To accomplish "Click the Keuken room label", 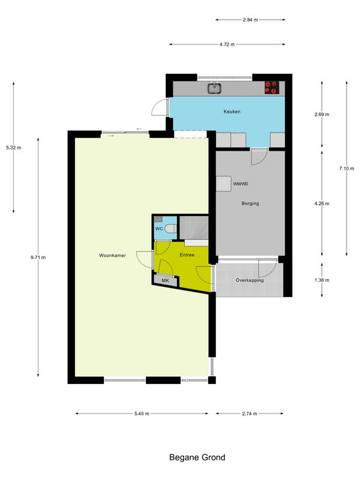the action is tap(232, 112).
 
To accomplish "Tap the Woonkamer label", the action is tap(112, 256).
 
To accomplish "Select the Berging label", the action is tap(250, 203).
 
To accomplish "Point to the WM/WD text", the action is tap(241, 184).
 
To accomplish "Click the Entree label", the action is tap(187, 254).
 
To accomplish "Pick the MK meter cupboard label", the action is tap(166, 280).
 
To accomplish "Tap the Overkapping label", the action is tap(250, 280).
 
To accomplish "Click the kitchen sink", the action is tap(215, 88).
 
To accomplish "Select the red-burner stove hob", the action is tap(272, 88).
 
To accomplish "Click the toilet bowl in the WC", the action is tap(171, 229).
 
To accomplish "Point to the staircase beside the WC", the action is tap(193, 227).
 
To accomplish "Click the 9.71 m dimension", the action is tap(38, 257).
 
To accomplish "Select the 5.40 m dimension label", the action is tap(142, 413).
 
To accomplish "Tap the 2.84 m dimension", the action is tap(250, 20).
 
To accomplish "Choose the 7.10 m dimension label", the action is tap(347, 169).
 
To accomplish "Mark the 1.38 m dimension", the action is tap(322, 280).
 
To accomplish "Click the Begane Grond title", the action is tap(197, 457).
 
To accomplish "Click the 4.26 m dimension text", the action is tap(322, 203).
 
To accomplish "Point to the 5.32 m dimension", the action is tap(13, 148).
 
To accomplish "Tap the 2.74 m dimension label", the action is tap(250, 413).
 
